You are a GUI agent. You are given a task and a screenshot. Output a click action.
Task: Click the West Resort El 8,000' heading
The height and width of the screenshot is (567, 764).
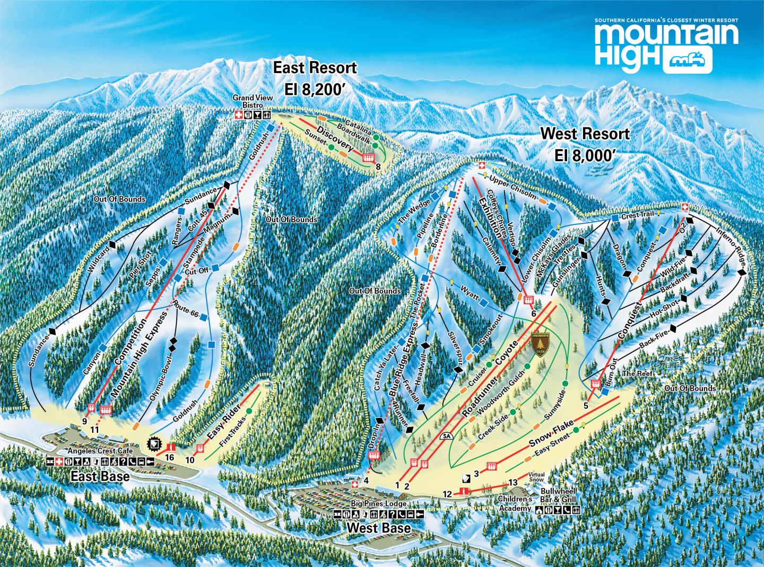coord(585,143)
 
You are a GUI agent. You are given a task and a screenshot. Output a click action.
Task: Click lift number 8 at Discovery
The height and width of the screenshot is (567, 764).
coord(378,168)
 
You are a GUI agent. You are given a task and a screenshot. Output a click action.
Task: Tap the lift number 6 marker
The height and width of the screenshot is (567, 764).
coord(533,313)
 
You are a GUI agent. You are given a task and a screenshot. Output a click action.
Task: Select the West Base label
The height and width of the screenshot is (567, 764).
coord(379,528)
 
